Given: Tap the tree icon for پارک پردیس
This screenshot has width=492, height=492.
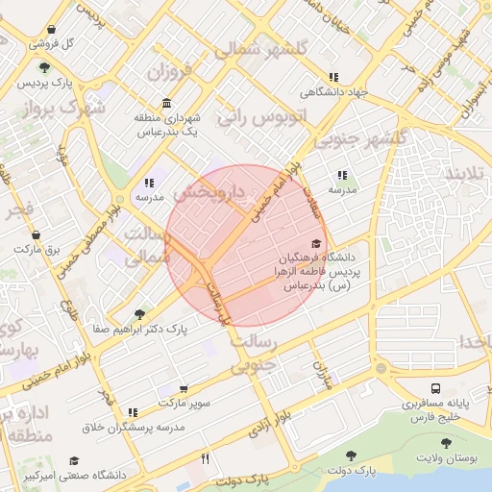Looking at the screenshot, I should tap(45, 66).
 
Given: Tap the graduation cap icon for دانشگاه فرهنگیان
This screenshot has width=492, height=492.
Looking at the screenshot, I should tap(316, 243).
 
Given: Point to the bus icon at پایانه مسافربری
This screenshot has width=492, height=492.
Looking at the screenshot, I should tap(436, 388).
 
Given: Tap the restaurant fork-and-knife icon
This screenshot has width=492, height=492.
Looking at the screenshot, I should tap(205, 459).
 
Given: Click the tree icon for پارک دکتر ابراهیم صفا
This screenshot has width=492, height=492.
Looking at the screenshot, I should tap(140, 313).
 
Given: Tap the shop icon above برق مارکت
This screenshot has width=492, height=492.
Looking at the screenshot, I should tap(37, 234).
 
